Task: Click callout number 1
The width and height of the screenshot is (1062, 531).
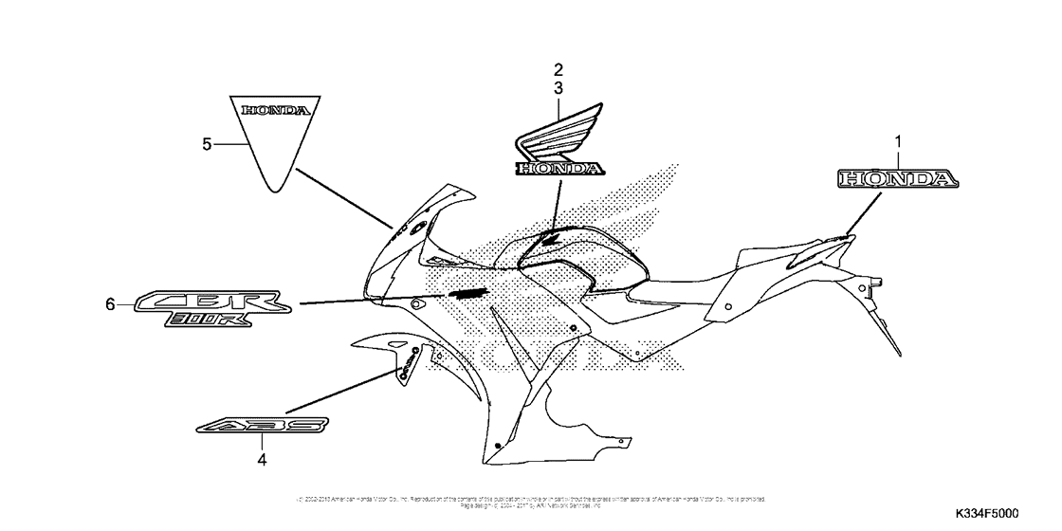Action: (897, 142)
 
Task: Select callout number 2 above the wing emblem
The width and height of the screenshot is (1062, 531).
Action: (558, 69)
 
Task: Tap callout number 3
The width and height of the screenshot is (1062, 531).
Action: (558, 87)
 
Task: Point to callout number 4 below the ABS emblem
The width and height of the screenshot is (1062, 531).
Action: (263, 461)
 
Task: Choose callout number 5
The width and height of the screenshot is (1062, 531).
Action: (207, 144)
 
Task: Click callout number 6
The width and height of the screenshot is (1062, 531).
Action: (110, 304)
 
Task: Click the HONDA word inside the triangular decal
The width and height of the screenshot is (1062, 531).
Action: (274, 111)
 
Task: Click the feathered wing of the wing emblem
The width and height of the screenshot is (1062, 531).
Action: (559, 139)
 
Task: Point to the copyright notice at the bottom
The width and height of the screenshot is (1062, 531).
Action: (531, 501)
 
